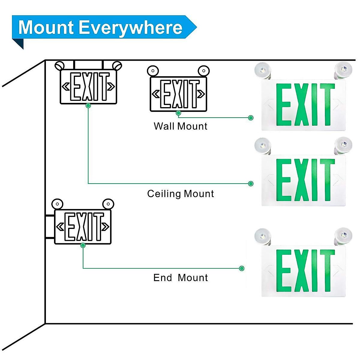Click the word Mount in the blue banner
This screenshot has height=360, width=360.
46,28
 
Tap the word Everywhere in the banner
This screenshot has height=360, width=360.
130,28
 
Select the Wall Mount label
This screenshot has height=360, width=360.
180,126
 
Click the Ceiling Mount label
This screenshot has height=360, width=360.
180,193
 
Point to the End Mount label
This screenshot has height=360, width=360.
180,277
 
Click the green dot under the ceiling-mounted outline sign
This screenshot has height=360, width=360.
88,106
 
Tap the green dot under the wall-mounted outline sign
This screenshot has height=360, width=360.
178,113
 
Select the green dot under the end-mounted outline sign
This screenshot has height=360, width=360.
83,245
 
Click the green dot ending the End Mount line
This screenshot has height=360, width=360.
242,268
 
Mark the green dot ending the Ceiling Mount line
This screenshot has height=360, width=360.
251,184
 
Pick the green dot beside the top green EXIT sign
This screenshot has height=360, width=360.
251,118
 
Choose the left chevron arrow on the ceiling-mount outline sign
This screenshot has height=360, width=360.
66,87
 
